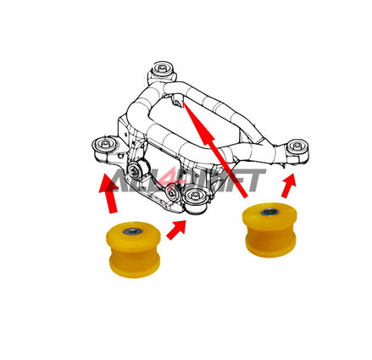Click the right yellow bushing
click(269, 228)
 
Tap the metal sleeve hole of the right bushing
click(269, 211)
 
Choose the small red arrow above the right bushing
click(289, 186)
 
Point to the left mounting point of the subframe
click(104, 146)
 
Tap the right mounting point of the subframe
click(296, 147)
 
